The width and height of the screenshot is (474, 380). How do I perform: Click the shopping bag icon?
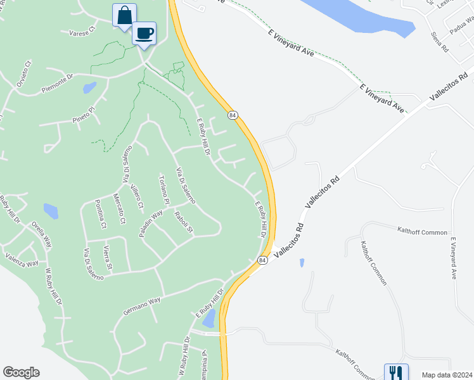click(125, 15)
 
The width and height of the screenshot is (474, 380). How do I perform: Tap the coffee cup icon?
click(144, 33)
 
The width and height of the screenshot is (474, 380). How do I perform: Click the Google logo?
click(21, 372)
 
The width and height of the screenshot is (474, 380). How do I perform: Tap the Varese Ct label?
click(82, 29)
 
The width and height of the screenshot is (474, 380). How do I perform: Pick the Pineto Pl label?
click(83, 114)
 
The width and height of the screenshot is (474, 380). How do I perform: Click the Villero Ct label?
click(137, 198)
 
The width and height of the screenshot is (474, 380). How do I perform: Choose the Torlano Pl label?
click(165, 189)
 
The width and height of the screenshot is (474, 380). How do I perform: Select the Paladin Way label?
click(151, 224)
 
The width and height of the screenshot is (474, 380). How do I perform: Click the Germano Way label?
click(142, 306)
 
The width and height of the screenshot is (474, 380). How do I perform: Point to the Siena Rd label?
click(440, 42)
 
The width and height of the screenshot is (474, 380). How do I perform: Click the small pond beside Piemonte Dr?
click(89, 87)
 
